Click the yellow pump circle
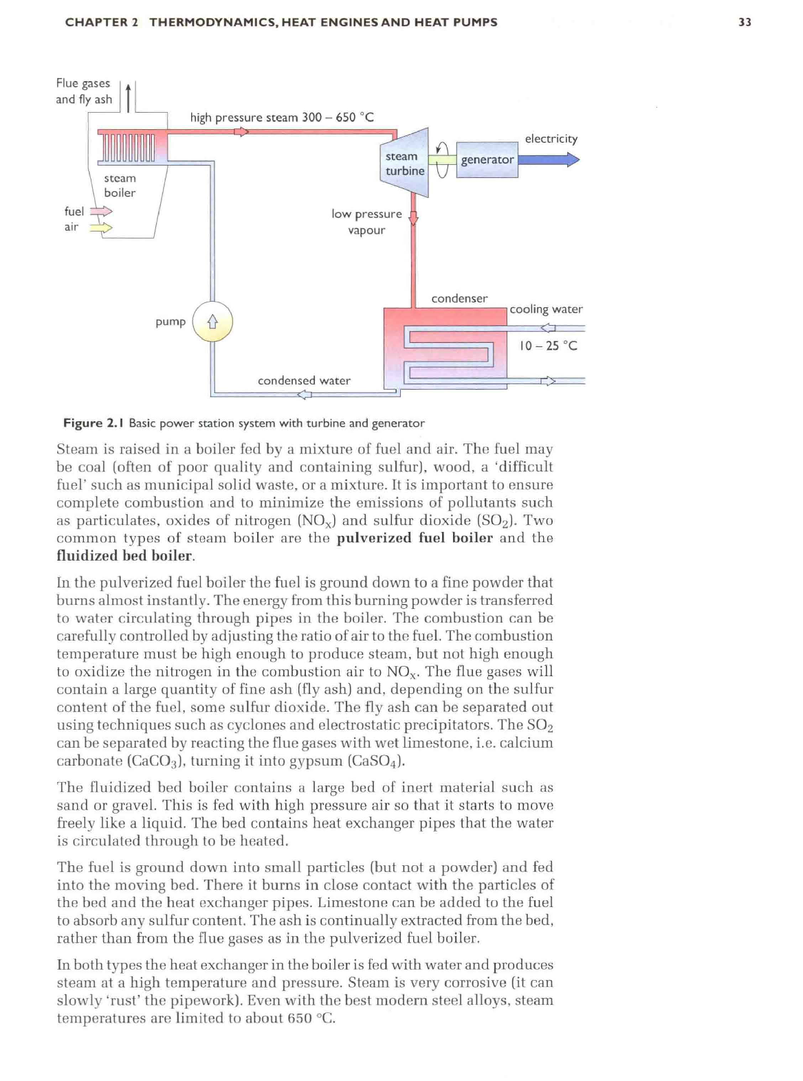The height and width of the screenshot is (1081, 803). [x=212, y=322]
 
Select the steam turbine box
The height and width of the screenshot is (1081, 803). [x=405, y=163]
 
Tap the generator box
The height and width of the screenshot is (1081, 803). [x=487, y=159]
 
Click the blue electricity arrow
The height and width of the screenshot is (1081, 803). [x=549, y=159]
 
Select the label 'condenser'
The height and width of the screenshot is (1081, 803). [x=459, y=298]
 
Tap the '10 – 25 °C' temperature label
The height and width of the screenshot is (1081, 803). [x=548, y=345]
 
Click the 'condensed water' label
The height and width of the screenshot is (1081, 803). [x=304, y=380]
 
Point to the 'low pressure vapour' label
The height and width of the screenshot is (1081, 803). [x=366, y=221]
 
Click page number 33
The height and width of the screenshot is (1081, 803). [x=745, y=22]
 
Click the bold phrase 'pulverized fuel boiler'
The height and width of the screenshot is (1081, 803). [x=415, y=537]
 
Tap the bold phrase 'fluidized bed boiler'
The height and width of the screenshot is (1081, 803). [x=124, y=555]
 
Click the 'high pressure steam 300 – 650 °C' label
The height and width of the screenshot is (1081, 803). [x=282, y=117]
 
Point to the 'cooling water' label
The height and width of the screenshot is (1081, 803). [x=546, y=309]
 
